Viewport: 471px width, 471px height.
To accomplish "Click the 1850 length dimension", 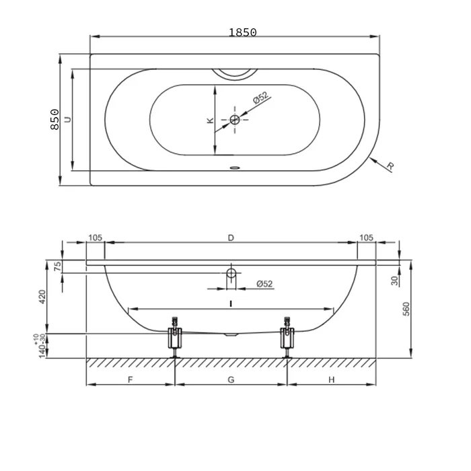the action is coord(243,32).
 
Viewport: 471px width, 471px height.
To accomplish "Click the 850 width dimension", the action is coord(55,119).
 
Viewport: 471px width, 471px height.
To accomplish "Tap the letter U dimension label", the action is coord(68,119).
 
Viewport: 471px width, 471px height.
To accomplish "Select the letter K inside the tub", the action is coord(210,120).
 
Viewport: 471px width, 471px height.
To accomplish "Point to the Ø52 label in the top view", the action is coord(260,98).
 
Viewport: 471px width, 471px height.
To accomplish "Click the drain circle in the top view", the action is coord(235,120).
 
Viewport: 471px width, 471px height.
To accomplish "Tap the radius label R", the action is coord(390,166).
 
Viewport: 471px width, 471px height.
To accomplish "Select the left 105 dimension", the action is coord(96,238).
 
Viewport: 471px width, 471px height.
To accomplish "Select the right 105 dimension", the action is coord(366,238).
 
